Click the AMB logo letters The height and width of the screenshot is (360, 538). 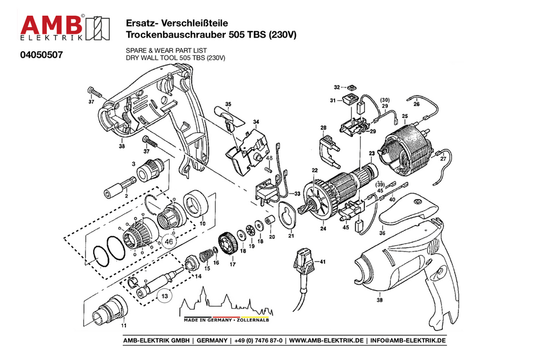pos(51,25)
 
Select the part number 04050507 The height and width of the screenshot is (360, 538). pos(46,55)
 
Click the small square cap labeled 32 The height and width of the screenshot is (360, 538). pos(351,87)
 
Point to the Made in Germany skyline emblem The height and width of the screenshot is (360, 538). pos(225,307)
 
